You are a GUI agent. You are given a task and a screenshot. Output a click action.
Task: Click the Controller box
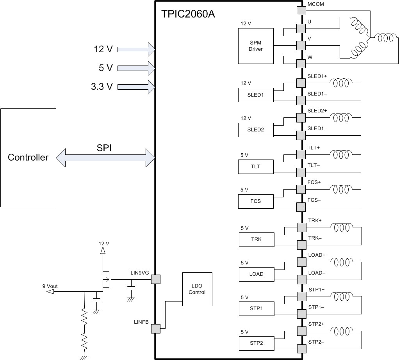pyautogui.click(x=28, y=158)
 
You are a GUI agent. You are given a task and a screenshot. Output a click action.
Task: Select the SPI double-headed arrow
pyautogui.click(x=106, y=158)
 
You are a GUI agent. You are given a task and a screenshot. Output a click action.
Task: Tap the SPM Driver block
pyautogui.click(x=256, y=46)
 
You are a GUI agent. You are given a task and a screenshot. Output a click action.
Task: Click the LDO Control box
pyautogui.click(x=197, y=289)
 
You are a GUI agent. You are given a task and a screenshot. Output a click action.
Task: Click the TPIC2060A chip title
pyautogui.click(x=188, y=14)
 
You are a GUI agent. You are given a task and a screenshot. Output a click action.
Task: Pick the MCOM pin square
pyautogui.click(x=301, y=11)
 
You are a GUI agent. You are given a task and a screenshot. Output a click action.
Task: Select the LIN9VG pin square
pyautogui.click(x=155, y=279)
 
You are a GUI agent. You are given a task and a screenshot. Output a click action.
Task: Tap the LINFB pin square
pyautogui.click(x=155, y=329)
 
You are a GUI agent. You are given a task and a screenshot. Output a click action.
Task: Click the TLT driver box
pyautogui.click(x=256, y=167)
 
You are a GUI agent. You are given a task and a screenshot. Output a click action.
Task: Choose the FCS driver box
pyautogui.click(x=256, y=201)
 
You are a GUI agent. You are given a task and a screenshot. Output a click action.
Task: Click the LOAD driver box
pyautogui.click(x=256, y=274)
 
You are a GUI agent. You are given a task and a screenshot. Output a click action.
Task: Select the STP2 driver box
pyautogui.click(x=256, y=343)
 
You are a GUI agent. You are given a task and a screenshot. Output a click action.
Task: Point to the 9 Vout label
pyautogui.click(x=50, y=286)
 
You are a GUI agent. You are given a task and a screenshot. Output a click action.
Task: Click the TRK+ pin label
pyautogui.click(x=315, y=220)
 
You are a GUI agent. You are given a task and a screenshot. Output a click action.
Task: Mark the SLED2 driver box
pyautogui.click(x=256, y=130)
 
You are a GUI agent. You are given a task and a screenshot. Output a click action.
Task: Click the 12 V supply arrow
pyautogui.click(x=136, y=49)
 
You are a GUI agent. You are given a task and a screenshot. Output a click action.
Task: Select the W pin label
pyautogui.click(x=310, y=57)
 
